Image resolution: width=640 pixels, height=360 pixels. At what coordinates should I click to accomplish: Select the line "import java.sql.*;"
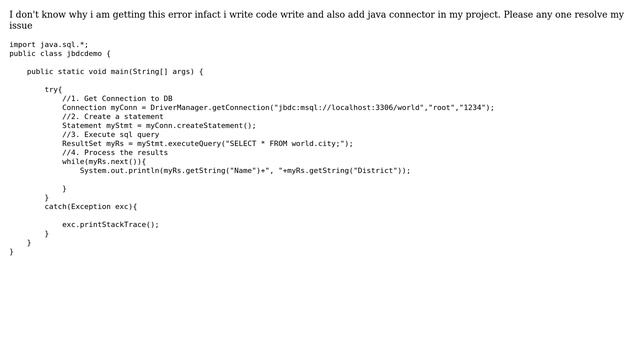49,45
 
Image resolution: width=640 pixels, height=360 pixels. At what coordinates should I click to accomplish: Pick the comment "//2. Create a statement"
113,117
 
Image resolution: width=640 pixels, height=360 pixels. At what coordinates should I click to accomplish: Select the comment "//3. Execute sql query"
111,135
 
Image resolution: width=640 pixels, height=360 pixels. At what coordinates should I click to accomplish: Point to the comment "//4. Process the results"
115,153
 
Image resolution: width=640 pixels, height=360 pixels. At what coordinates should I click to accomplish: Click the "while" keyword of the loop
73,162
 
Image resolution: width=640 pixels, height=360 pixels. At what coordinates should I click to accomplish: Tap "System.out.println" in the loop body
120,171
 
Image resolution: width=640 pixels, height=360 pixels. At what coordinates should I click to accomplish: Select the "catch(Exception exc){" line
91,207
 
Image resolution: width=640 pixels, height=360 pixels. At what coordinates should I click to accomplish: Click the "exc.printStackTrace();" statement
110,225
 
